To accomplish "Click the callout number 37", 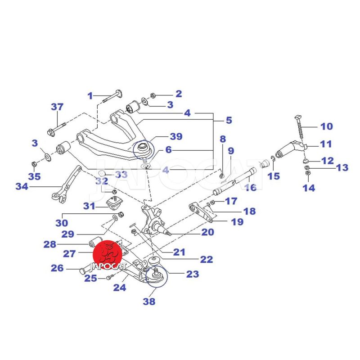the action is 57,107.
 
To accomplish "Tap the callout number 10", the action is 327,126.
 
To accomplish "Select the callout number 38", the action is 149,301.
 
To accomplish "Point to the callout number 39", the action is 176,136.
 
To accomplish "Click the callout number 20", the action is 208,232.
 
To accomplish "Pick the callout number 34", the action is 22,186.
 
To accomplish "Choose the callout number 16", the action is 251,188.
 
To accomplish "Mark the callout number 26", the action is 57,268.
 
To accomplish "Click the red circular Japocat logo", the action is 108,255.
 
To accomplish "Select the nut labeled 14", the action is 308,173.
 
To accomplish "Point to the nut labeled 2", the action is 152,95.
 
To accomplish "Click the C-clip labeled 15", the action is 273,159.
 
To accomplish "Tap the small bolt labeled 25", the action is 109,278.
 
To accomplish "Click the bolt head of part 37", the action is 50,132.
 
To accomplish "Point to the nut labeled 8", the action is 222,176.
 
